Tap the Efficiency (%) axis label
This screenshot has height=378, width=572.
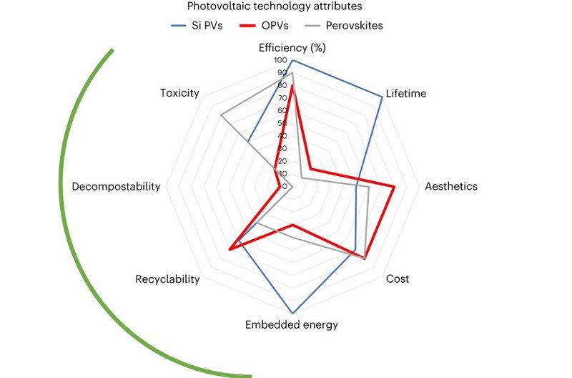pyautogui.click(x=292, y=49)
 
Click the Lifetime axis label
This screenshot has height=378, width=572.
pyautogui.click(x=405, y=94)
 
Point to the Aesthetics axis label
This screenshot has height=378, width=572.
pyautogui.click(x=450, y=186)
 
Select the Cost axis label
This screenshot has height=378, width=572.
pyautogui.click(x=398, y=278)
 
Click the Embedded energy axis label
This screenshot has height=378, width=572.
pyautogui.click(x=292, y=324)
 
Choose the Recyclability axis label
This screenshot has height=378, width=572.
pyautogui.click(x=167, y=278)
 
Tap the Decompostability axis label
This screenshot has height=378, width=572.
pyautogui.click(x=116, y=186)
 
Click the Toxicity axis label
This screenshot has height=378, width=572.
pyautogui.click(x=179, y=94)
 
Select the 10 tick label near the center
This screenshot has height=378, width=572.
pyautogui.click(x=282, y=173)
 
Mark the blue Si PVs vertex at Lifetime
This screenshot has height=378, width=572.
pyautogui.click(x=382, y=97)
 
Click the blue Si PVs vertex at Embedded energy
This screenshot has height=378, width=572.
pyautogui.click(x=292, y=313)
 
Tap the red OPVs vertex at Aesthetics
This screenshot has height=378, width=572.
pyautogui.click(x=395, y=186)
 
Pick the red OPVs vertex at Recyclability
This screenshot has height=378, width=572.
pyautogui.click(x=229, y=249)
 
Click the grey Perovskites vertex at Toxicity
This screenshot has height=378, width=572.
pyautogui.click(x=221, y=115)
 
